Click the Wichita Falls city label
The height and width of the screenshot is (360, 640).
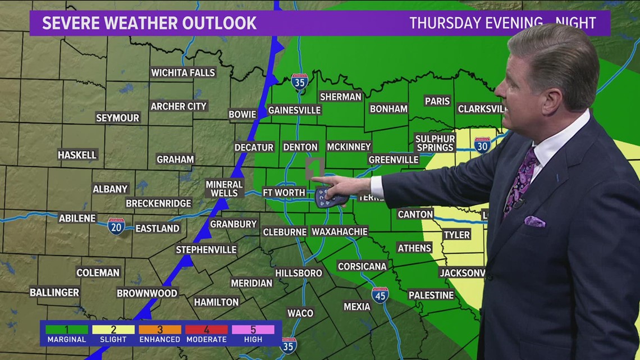[183, 72]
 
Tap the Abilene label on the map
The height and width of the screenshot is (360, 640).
[77, 218]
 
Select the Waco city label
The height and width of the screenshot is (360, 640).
[300, 313]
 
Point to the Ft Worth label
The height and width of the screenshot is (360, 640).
[284, 193]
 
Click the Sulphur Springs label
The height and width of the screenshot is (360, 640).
[435, 143]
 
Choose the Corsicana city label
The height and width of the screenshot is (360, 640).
[362, 266]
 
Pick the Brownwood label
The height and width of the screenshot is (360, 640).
[147, 293]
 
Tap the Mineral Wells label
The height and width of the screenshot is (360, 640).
[224, 188]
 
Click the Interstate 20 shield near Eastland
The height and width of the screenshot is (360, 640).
[116, 226]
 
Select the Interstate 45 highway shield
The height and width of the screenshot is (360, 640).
[380, 294]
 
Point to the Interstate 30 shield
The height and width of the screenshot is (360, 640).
[482, 145]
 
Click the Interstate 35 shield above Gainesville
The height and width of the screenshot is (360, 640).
[299, 82]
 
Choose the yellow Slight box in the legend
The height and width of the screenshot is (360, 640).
[113, 330]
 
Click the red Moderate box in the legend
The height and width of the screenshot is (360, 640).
[206, 330]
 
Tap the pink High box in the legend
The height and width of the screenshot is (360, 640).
[253, 330]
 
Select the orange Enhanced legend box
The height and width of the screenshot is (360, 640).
[159, 330]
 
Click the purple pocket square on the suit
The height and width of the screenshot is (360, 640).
[534, 221]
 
